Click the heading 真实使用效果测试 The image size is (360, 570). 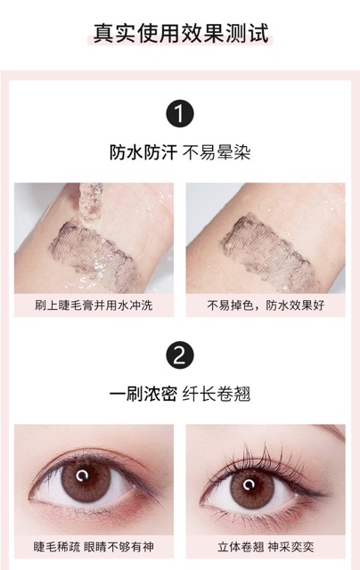click(181, 33)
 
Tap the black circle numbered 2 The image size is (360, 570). click(181, 355)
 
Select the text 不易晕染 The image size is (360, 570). click(217, 152)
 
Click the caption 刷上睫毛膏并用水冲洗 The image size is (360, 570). click(94, 305)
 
